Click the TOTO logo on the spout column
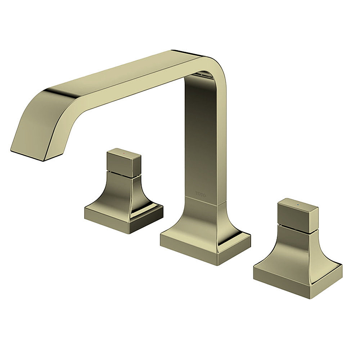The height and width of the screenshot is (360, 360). coord(200,194)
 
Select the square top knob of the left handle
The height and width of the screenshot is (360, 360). coord(124,161)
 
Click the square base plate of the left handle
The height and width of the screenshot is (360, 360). coord(124,218)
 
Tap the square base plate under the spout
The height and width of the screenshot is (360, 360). coord(205,246)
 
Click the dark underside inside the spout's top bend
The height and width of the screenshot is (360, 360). coord(204,75)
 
